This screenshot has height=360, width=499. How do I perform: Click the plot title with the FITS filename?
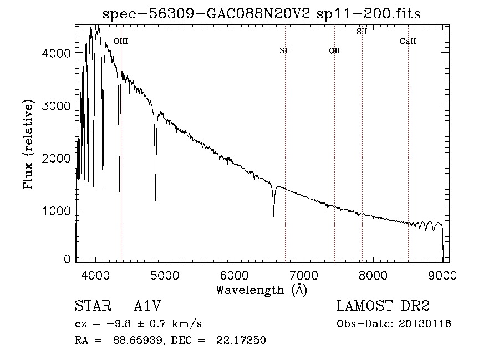click(261, 14)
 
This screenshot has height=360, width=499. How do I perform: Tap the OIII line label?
click(121, 41)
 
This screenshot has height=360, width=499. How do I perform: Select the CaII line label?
click(408, 41)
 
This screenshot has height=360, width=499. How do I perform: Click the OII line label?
click(334, 50)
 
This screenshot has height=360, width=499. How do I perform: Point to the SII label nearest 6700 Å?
click(285, 50)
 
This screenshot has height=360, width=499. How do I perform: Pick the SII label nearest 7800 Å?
click(362, 32)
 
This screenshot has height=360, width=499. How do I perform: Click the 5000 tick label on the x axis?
click(165, 275)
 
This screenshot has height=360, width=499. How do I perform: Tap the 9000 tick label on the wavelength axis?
click(442, 275)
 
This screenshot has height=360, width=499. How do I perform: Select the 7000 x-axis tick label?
click(304, 275)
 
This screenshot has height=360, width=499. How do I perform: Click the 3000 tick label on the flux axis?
click(57, 105)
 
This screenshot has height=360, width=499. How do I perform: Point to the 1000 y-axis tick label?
click(57, 210)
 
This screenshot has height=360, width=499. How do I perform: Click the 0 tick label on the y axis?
click(67, 259)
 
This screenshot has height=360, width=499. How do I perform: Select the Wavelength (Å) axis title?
click(262, 290)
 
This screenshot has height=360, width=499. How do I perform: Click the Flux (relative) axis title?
click(28, 145)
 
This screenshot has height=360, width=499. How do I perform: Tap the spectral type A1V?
click(147, 306)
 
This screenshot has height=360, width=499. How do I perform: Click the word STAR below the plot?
click(93, 306)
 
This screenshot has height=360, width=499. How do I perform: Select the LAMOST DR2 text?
click(383, 306)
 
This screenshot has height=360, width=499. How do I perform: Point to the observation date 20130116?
click(425, 324)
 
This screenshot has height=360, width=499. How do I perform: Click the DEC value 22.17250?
click(241, 340)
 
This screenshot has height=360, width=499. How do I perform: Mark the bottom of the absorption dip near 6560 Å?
click(274, 216)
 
